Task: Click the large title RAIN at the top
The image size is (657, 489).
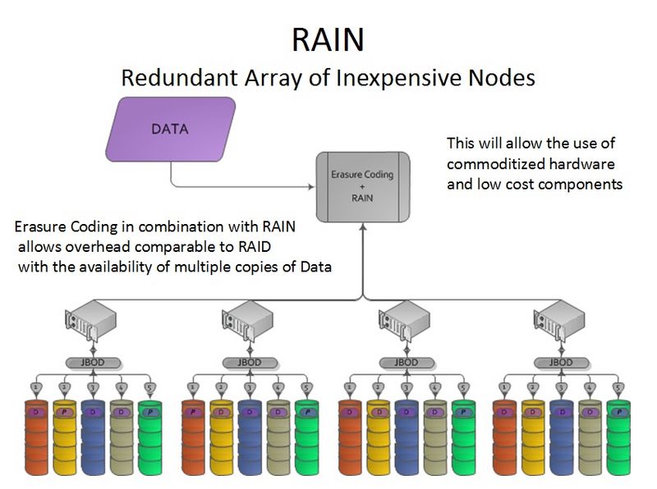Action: click(x=328, y=38)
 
